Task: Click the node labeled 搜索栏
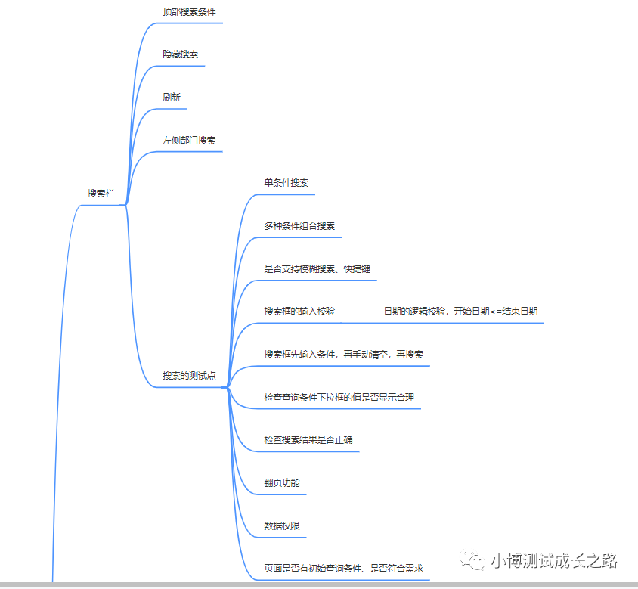pos(101,194)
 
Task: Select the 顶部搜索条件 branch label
pos(184,12)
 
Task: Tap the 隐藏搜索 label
pos(181,54)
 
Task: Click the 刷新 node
pos(172,98)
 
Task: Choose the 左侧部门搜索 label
pos(190,141)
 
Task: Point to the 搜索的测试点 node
pos(190,376)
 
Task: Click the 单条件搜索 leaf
pos(286,183)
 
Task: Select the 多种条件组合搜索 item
pos(299,226)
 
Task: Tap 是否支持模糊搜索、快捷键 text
pos(317,269)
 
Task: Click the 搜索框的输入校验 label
pos(299,312)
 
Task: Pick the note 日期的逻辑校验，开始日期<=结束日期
pos(460,312)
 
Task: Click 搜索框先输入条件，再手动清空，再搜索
pos(343,355)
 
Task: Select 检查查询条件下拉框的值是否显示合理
pos(339,398)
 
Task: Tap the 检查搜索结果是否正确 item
pos(308,440)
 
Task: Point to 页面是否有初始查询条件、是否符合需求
pos(343,569)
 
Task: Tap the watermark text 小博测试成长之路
pos(553,561)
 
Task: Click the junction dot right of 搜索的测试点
pos(225,387)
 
